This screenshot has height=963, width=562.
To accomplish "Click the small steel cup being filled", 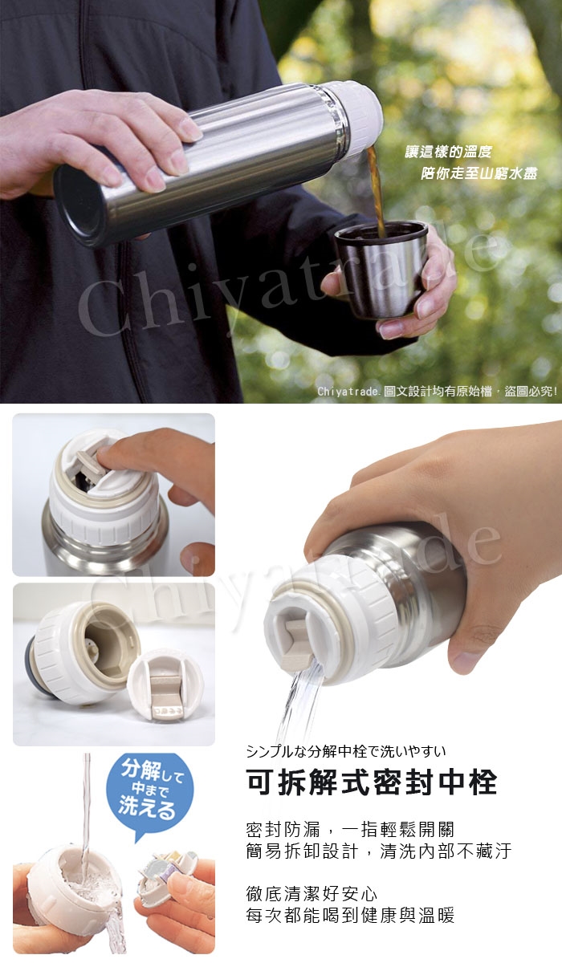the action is click(x=381, y=269).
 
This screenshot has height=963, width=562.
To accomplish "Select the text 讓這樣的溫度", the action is click(x=449, y=152).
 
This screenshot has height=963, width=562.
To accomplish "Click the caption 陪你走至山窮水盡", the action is click(x=479, y=173).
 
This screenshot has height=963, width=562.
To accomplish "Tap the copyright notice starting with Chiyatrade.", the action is click(x=438, y=392).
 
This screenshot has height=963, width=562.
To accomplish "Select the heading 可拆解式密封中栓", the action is click(x=372, y=781).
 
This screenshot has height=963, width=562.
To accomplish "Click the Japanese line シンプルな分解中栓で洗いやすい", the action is click(x=346, y=750).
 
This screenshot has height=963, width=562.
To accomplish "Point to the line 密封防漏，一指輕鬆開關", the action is click(x=350, y=829).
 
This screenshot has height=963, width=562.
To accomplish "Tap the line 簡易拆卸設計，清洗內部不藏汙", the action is click(x=379, y=851).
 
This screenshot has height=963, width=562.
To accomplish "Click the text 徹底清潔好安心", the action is click(x=312, y=894).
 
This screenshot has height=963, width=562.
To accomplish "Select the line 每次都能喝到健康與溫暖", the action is click(x=350, y=916).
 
